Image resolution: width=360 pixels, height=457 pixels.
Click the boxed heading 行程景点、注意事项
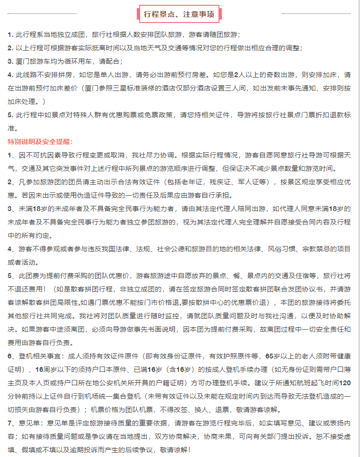pyautogui.click(x=179, y=14)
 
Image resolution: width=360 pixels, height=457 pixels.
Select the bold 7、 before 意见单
pyautogui.click(x=11, y=423)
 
